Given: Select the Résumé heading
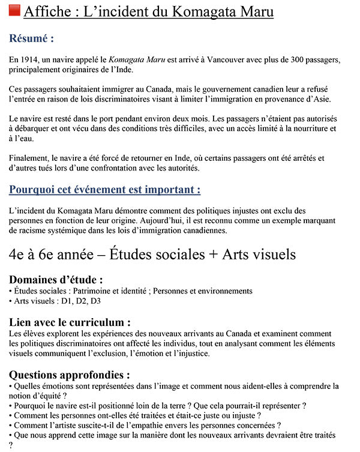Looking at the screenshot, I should pos(32,38).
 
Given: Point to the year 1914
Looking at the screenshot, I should pos(31,61).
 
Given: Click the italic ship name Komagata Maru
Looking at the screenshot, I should pos(133,61).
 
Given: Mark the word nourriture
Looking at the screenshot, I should pos(307,129).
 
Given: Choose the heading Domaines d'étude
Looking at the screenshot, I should pos(56,280).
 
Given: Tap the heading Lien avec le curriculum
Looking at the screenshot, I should pos(70,322).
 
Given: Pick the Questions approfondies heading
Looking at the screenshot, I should pos(70,375).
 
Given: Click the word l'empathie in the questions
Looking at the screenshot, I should pos(163,425).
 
